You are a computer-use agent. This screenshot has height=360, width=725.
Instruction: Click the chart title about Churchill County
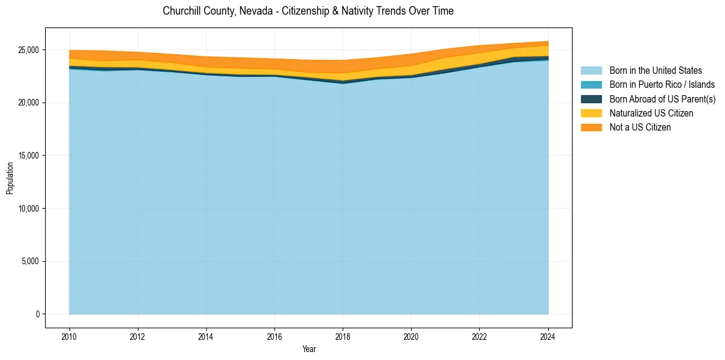point(308,11)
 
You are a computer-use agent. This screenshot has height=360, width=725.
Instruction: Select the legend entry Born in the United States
point(655,71)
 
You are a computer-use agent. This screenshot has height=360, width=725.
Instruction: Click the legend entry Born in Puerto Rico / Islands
point(662,85)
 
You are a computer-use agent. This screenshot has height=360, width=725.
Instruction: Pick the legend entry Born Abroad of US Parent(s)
point(662,99)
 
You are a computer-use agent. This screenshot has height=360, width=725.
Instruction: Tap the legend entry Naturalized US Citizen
point(651,113)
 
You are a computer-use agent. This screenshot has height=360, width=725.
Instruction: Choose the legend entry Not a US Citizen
point(640,127)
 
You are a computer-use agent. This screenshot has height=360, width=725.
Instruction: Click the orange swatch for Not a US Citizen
point(591,127)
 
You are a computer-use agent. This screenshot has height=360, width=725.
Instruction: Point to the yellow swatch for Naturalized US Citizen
point(591,113)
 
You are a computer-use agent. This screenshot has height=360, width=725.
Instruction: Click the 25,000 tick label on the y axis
point(28,50)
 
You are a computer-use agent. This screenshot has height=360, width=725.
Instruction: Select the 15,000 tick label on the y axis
point(28,156)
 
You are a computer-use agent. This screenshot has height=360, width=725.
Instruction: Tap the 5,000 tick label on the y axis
point(30,261)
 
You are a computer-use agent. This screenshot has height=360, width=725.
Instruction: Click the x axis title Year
point(309,349)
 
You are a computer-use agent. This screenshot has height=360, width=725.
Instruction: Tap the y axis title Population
point(10,178)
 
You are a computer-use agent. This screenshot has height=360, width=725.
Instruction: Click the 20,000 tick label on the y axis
point(28,103)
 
